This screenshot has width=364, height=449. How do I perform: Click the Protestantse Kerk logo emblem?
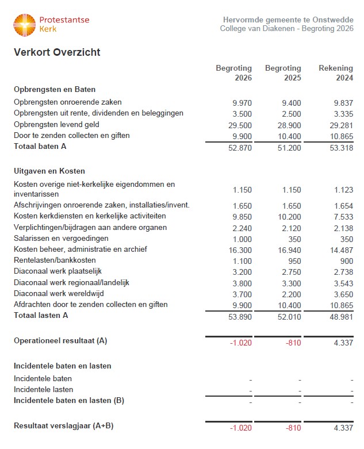(x=25, y=25)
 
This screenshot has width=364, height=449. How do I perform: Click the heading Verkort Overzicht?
(x=57, y=52)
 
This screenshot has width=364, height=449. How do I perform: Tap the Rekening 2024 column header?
(x=336, y=73)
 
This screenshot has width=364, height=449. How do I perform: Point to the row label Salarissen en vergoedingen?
(x=61, y=239)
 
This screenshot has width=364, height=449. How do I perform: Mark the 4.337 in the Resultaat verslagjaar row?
(x=343, y=428)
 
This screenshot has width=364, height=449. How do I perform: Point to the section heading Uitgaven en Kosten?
(x=49, y=171)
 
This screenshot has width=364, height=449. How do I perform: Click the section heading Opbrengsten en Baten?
(x=55, y=89)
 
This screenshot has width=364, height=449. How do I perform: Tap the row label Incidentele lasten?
(x=43, y=389)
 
